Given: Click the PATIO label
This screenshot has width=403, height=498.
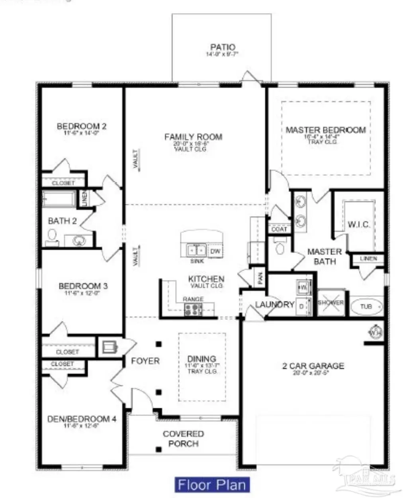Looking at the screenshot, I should coord(223,47).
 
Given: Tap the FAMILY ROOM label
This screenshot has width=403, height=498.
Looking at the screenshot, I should coord(193,137).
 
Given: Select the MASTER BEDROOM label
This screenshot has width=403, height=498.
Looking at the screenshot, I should coord(325,130).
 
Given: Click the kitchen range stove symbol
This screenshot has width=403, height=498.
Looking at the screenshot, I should coord(193,309).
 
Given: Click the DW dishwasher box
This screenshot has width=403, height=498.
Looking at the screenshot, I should coord(215,251).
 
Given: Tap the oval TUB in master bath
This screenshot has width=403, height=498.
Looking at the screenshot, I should coord(366,307).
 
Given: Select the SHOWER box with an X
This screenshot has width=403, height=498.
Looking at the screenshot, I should coord(331,303).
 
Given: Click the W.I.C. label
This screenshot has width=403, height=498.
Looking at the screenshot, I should coord(359,224).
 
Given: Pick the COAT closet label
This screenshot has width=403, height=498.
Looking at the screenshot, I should coord(279,229).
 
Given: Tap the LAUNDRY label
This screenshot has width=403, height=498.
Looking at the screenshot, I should coord(274,305).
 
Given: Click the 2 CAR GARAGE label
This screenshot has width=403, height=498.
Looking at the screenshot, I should coord(313,366).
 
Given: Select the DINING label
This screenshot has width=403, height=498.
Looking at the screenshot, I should coord(201,359).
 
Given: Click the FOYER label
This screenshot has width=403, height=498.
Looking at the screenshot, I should coord(145,361).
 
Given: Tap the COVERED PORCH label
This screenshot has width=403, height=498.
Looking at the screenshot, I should coord(183,439).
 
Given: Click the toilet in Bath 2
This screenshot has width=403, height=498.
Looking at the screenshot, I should coord(51,238).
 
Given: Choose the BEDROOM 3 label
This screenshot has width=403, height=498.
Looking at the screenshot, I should coord(83,286).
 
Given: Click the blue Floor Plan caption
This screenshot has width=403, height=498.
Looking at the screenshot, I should coord(212,485).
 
